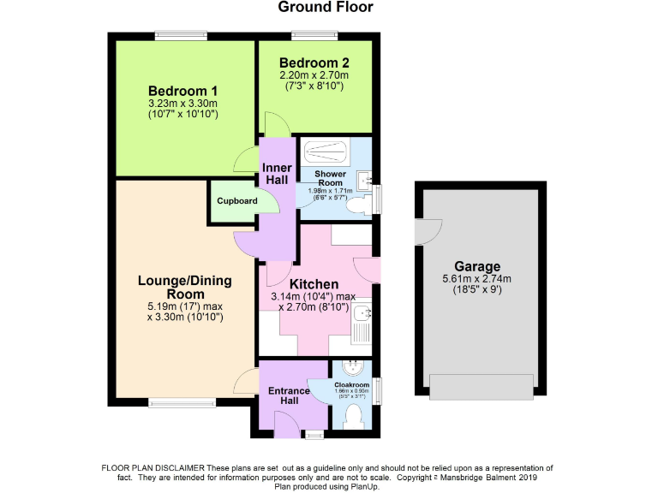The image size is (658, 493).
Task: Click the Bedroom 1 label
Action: point(182,92)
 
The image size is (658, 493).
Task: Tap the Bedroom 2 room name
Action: point(314,62)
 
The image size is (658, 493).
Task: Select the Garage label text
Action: point(478,266)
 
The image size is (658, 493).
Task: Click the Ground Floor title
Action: point(326,8)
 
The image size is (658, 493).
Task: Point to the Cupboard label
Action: point(236,201)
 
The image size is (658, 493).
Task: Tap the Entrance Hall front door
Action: point(285,420)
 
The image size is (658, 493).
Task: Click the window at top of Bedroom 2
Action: point(314,35)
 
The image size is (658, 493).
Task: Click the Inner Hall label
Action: point(277,174)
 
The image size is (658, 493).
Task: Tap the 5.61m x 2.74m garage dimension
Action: point(478,278)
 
